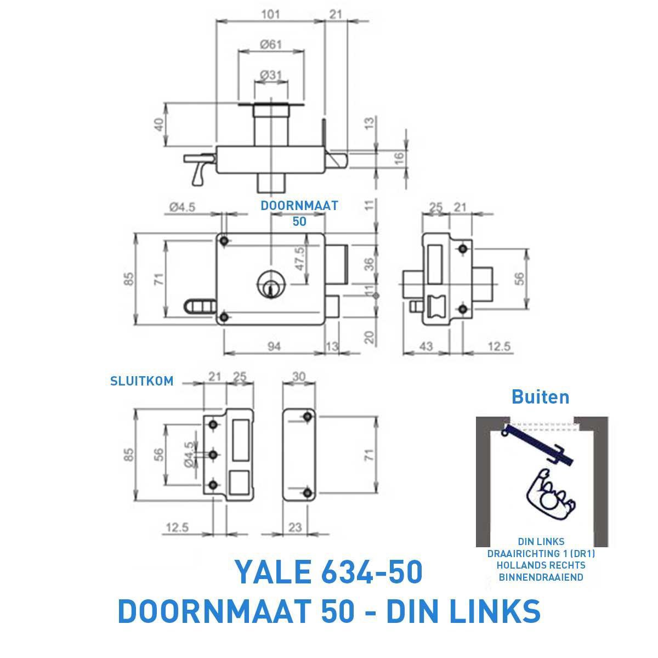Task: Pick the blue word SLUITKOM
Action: click(x=142, y=381)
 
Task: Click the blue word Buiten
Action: click(x=540, y=396)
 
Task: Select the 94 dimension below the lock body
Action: click(x=275, y=347)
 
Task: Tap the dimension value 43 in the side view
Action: click(x=426, y=347)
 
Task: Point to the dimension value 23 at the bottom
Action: click(x=296, y=527)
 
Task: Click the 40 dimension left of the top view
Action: click(x=159, y=124)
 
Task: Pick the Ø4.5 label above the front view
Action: click(x=183, y=207)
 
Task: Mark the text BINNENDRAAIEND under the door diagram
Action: click(x=541, y=577)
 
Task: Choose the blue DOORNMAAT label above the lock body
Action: click(x=299, y=206)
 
